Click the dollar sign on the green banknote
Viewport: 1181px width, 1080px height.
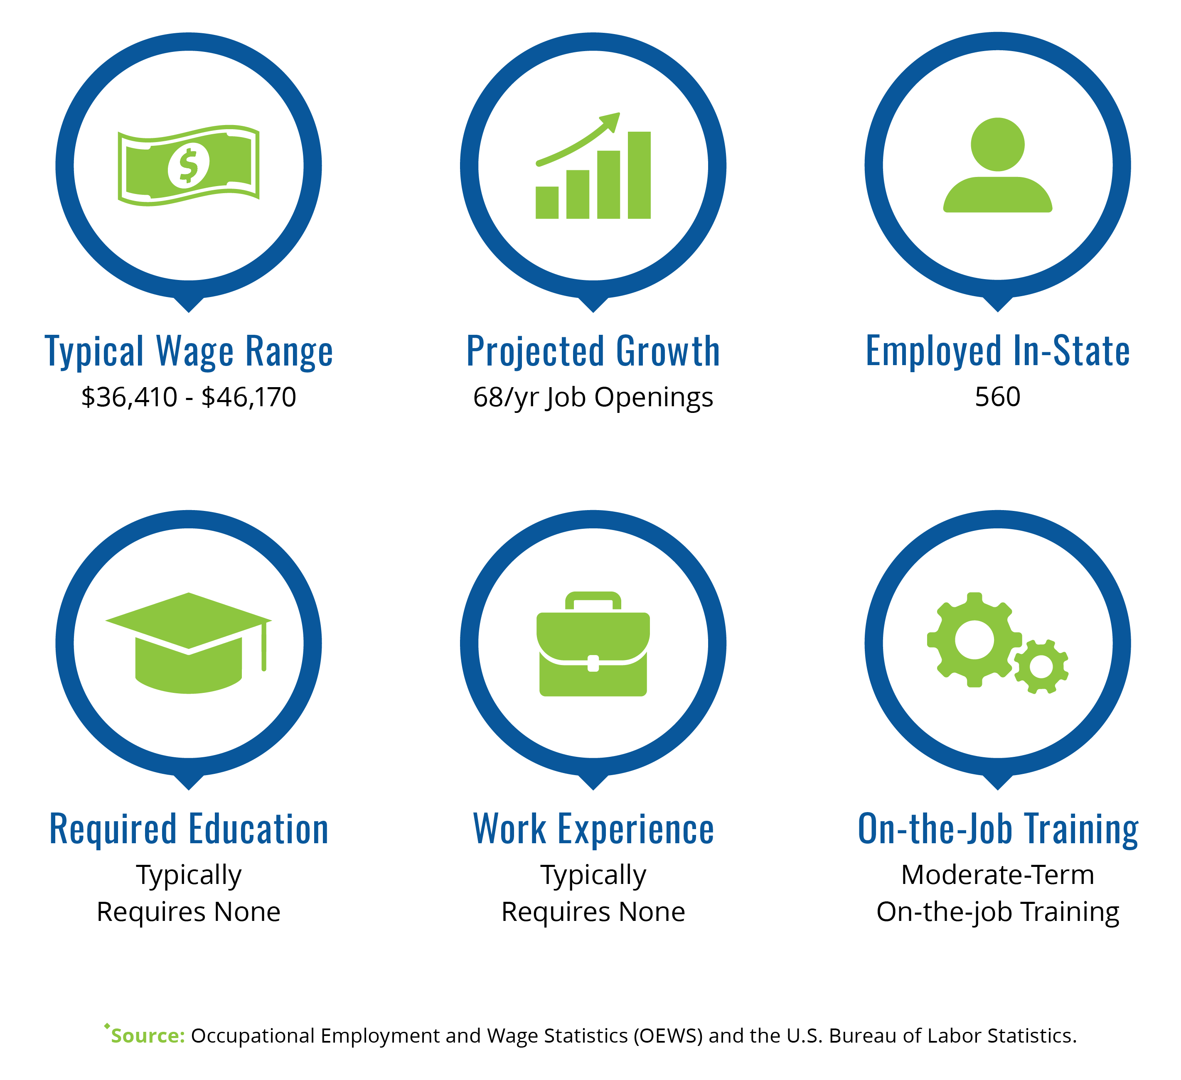188,166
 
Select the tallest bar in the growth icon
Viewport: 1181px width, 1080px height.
639,175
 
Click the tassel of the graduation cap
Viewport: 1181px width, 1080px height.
264,646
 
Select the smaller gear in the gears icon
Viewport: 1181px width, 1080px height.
1041,667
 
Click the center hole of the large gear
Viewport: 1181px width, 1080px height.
974,640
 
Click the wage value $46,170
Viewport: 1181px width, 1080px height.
249,398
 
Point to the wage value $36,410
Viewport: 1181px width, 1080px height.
129,398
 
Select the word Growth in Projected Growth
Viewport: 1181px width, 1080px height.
668,351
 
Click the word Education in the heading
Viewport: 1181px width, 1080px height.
258,830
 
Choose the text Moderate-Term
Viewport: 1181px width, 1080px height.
997,875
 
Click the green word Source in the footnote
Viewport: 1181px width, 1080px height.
148,1036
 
